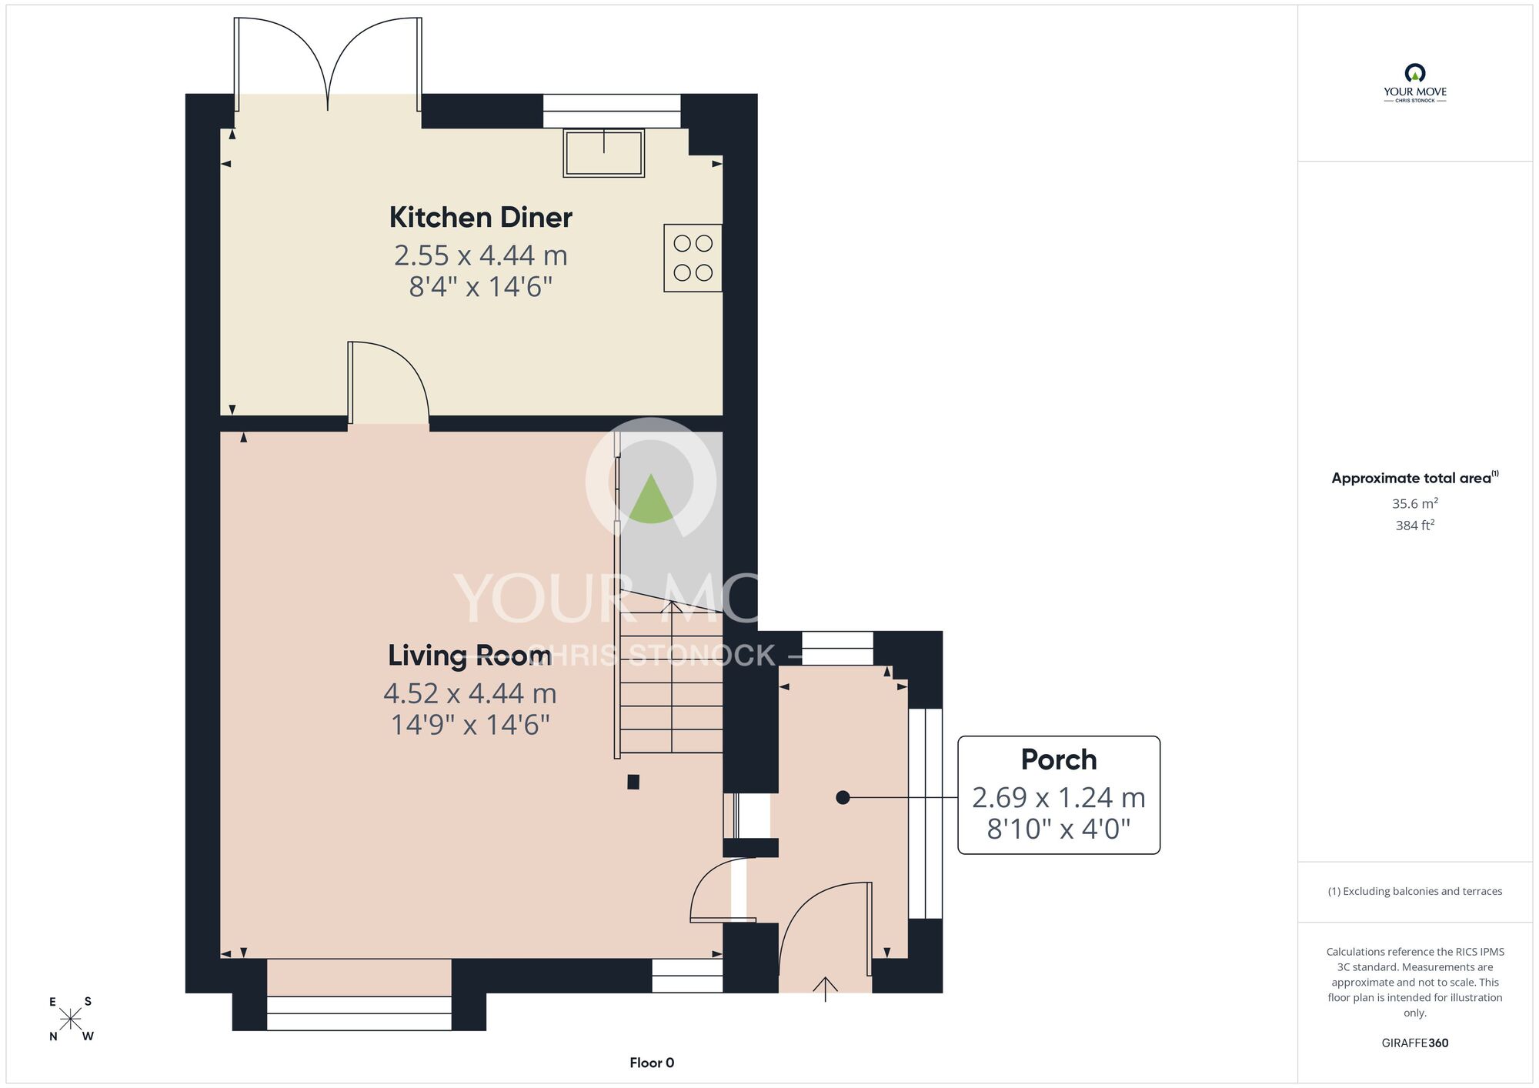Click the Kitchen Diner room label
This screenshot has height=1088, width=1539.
coord(481,218)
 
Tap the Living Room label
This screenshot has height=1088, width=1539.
coord(469,656)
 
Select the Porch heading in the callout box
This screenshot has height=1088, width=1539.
coord(1059,760)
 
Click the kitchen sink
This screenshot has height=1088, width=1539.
coord(604,153)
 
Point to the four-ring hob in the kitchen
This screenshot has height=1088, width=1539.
coord(693,258)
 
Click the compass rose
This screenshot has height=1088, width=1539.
coord(71,1019)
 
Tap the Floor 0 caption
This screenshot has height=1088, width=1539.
coord(652,1063)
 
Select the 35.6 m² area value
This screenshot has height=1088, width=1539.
coord(1415,503)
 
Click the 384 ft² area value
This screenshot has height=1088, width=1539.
coord(1415,526)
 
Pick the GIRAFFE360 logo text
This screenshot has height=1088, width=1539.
coord(1415,1043)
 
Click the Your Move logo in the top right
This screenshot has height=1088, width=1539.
coord(1415,83)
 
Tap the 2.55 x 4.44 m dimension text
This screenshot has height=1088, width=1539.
coord(481,255)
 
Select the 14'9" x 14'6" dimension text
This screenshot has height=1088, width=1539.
coord(470,725)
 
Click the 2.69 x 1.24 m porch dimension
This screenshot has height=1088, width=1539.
coord(1059,798)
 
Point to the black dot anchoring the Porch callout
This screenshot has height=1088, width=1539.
coord(843,798)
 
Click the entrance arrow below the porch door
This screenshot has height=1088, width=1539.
coord(826,990)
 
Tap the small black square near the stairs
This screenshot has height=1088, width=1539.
coord(633,782)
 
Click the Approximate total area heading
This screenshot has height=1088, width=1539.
coord(1415,478)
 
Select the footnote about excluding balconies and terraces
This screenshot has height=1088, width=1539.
coord(1415,891)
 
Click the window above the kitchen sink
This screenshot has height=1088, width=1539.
coord(612,111)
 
